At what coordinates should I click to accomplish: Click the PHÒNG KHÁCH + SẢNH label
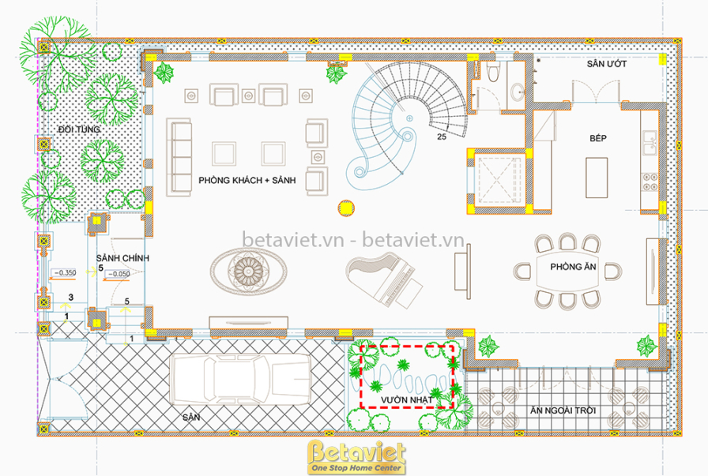pos(247,181)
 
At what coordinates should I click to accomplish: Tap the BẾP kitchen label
pos(598,138)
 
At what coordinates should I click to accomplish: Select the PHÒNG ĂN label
pos(573,267)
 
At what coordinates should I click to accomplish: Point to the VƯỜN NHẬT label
pos(406,399)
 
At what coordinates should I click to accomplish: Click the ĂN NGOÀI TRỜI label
pos(563,410)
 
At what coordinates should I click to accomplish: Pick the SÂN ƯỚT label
pos(606,64)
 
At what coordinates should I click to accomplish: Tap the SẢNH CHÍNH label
pos(122,258)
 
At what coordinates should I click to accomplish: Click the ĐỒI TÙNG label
pos(79,129)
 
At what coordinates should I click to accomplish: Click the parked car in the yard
pos(239,379)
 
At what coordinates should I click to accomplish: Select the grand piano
pos(385,279)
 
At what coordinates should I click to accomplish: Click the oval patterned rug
pos(248,271)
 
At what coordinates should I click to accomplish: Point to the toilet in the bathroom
pos(492,71)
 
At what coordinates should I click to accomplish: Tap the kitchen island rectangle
pos(597,178)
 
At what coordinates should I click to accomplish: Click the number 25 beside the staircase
pos(442,137)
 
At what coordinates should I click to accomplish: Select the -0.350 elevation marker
pos(66,272)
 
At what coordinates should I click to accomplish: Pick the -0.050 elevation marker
pos(119,274)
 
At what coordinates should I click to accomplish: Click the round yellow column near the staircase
pos(346,208)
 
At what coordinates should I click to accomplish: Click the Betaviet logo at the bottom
pos(356,457)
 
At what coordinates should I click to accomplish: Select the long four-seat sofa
pos(179,157)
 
